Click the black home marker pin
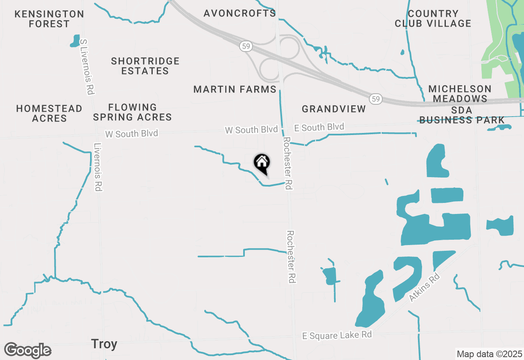click(x=262, y=163)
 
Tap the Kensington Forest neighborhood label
click(x=49, y=19)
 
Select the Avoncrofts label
click(x=240, y=13)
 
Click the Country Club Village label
click(x=433, y=19)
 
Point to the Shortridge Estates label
click(x=145, y=66)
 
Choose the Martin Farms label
click(x=235, y=89)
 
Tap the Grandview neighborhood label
click(x=334, y=109)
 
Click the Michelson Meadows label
click(x=460, y=94)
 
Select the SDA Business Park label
click(x=462, y=115)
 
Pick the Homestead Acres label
click(x=49, y=113)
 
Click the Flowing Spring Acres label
click(x=132, y=112)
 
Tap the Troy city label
click(x=104, y=344)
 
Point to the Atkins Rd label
click(x=424, y=288)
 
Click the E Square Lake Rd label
click(x=337, y=335)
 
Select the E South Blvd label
click(x=319, y=128)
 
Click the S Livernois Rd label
click(x=86, y=67)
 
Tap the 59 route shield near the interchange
click(x=245, y=47)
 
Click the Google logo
click(x=27, y=351)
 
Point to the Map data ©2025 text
click(x=489, y=354)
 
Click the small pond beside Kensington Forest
click(x=75, y=40)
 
